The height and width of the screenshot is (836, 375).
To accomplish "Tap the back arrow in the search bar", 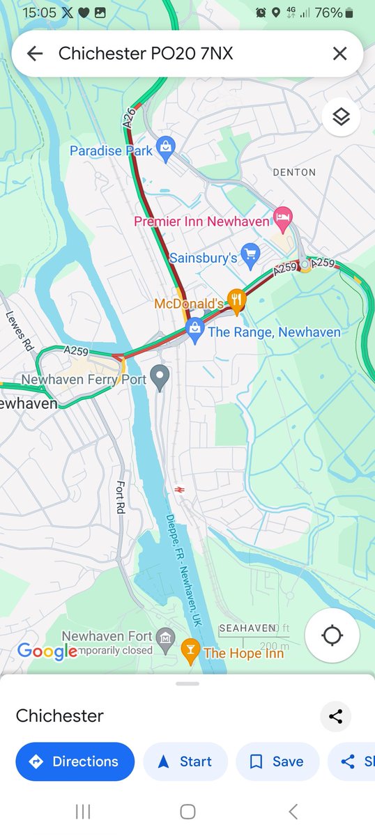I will (x=35, y=54).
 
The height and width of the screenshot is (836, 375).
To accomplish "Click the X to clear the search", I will (x=339, y=54).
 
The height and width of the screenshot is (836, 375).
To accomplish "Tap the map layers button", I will (x=341, y=117).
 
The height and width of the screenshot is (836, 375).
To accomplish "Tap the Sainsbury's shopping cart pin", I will (x=250, y=254).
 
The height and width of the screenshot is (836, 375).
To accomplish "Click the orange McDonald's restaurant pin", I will (x=237, y=300).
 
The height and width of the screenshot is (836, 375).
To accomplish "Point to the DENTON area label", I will (x=294, y=172).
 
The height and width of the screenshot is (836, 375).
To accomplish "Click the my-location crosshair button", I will (x=332, y=635).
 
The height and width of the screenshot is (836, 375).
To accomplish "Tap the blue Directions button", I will (x=75, y=761).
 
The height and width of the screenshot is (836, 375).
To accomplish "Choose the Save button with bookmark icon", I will (x=277, y=761).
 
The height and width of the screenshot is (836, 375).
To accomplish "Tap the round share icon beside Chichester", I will (x=335, y=716).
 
